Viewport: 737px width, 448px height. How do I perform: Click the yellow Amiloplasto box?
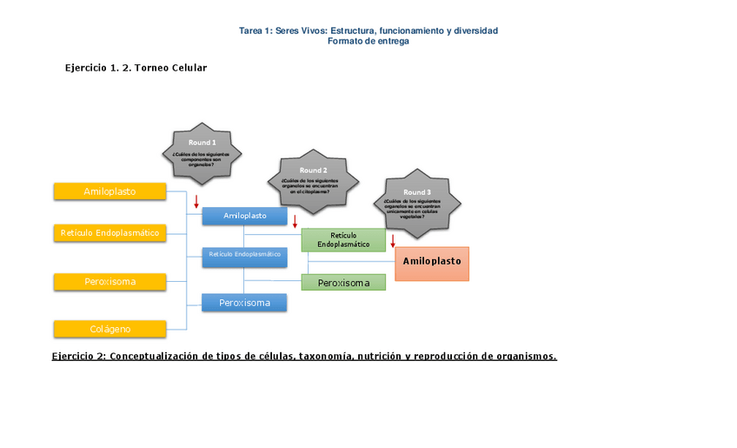click(x=110, y=191)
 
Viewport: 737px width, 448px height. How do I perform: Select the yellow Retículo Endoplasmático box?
click(x=110, y=233)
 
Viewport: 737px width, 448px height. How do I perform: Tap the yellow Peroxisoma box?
click(x=110, y=282)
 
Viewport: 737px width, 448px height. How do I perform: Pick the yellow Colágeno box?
click(x=110, y=329)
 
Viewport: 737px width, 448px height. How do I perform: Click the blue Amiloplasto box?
click(x=244, y=216)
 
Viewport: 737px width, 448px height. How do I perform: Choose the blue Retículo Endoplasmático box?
click(x=244, y=254)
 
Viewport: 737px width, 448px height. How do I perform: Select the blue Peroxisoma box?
click(x=244, y=303)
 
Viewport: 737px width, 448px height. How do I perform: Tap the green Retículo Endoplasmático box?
click(x=343, y=239)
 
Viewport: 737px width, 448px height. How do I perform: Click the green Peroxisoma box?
click(x=343, y=283)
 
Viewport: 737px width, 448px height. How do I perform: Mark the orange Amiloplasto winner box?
click(x=432, y=262)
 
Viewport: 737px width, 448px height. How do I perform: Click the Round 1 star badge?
click(x=202, y=153)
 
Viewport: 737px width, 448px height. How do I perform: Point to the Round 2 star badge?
click(x=313, y=182)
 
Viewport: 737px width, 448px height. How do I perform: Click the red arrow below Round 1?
click(x=196, y=202)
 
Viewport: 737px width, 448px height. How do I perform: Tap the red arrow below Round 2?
click(x=295, y=221)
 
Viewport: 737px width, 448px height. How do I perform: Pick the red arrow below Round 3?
click(x=393, y=241)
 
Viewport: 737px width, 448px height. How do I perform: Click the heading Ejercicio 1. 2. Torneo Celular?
click(x=136, y=68)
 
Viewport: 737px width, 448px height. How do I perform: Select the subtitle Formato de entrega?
click(x=368, y=41)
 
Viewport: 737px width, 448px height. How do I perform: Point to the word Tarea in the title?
click(x=251, y=30)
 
